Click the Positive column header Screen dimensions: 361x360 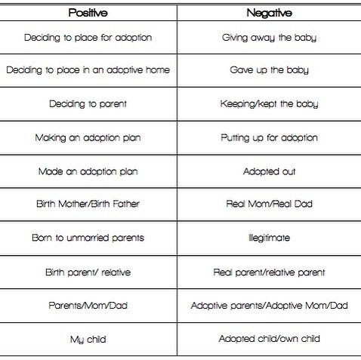pyautogui.click(x=88, y=12)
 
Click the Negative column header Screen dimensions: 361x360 pyautogui.click(x=269, y=12)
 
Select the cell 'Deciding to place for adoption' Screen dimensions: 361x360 pyautogui.click(x=88, y=37)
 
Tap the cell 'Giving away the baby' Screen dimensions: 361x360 pyautogui.click(x=269, y=37)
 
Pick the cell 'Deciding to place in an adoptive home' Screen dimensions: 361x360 pyautogui.click(x=88, y=70)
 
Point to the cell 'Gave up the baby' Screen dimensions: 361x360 pyautogui.click(x=269, y=70)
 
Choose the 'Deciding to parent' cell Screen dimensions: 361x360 pyautogui.click(x=88, y=104)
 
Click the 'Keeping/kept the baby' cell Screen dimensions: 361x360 pyautogui.click(x=269, y=104)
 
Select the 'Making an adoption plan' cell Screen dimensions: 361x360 pyautogui.click(x=88, y=138)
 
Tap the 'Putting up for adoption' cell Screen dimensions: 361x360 pyautogui.click(x=269, y=138)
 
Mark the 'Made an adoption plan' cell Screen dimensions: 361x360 pyautogui.click(x=88, y=171)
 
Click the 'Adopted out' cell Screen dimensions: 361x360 pyautogui.click(x=269, y=171)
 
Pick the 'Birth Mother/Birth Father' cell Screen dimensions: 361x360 pyautogui.click(x=88, y=205)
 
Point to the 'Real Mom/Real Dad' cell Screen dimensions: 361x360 pyautogui.click(x=269, y=205)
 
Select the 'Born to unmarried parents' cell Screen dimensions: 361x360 pyautogui.click(x=88, y=238)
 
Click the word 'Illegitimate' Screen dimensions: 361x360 pyautogui.click(x=269, y=238)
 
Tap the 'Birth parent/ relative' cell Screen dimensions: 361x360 pyautogui.click(x=88, y=272)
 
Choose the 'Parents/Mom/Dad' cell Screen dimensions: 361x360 pyautogui.click(x=88, y=306)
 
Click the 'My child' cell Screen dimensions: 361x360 pyautogui.click(x=88, y=339)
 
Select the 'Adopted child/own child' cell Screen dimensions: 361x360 pyautogui.click(x=269, y=339)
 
